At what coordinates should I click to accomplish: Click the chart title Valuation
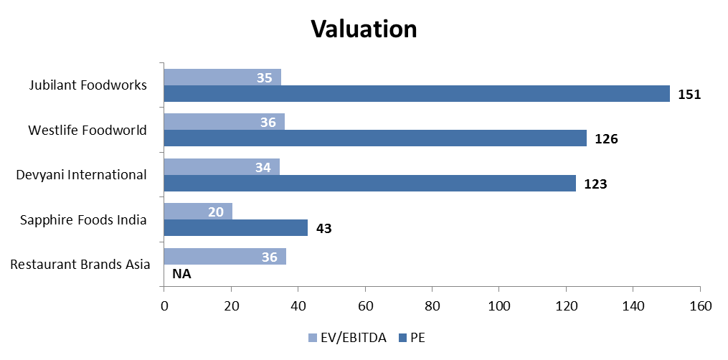pyautogui.click(x=364, y=29)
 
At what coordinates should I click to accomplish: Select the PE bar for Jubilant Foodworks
pyautogui.click(x=416, y=94)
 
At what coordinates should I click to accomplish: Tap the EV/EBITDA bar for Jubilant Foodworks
pyautogui.click(x=222, y=77)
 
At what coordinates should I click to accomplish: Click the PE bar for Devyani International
pyautogui.click(x=369, y=183)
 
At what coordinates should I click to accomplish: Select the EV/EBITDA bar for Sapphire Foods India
pyautogui.click(x=197, y=211)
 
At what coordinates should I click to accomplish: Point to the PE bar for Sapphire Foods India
pyautogui.click(x=235, y=228)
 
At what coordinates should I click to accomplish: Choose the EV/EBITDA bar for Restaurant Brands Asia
pyautogui.click(x=224, y=256)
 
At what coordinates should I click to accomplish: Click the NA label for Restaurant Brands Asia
pyautogui.click(x=181, y=273)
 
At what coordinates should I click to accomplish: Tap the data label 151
pyautogui.click(x=689, y=94)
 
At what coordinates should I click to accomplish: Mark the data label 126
pyautogui.click(x=606, y=138)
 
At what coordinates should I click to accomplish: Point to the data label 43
pyautogui.click(x=324, y=228)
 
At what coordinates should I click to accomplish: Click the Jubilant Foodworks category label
pyautogui.click(x=88, y=85)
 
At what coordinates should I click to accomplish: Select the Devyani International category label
pyautogui.click(x=87, y=174)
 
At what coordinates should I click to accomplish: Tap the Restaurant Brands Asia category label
pyautogui.click(x=80, y=264)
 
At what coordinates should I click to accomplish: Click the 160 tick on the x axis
pyautogui.click(x=699, y=306)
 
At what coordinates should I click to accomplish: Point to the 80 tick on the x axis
pyautogui.click(x=432, y=306)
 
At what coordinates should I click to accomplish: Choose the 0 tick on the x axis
pyautogui.click(x=164, y=306)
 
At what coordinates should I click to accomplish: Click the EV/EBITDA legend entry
pyautogui.click(x=347, y=338)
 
